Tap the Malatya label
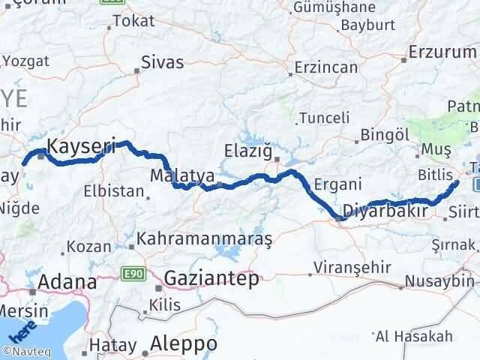pos(183,175)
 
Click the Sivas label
pos(162,61)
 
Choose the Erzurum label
pos(443,53)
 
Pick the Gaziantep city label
pos(211,278)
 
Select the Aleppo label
pos(184,343)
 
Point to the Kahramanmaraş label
pos(205,238)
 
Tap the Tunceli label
pos(324,118)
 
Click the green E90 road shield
pos(132,276)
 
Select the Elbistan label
pos(113,191)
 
